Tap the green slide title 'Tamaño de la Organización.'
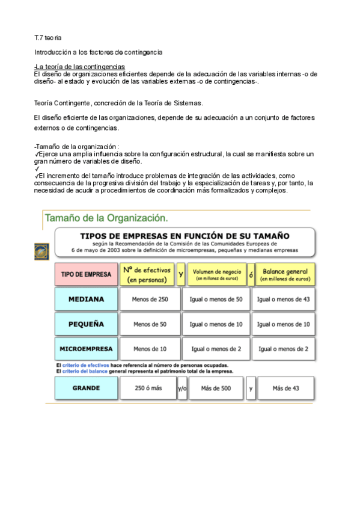(106, 217)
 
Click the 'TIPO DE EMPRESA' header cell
(86, 274)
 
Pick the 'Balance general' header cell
(285, 275)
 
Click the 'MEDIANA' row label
(86, 299)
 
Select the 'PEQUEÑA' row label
(86, 324)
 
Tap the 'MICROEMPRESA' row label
(86, 349)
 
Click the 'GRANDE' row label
(86, 388)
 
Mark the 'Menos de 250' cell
(150, 300)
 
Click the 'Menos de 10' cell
(150, 349)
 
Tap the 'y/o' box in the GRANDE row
(182, 389)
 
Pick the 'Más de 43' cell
(285, 389)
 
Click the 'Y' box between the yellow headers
(181, 274)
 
